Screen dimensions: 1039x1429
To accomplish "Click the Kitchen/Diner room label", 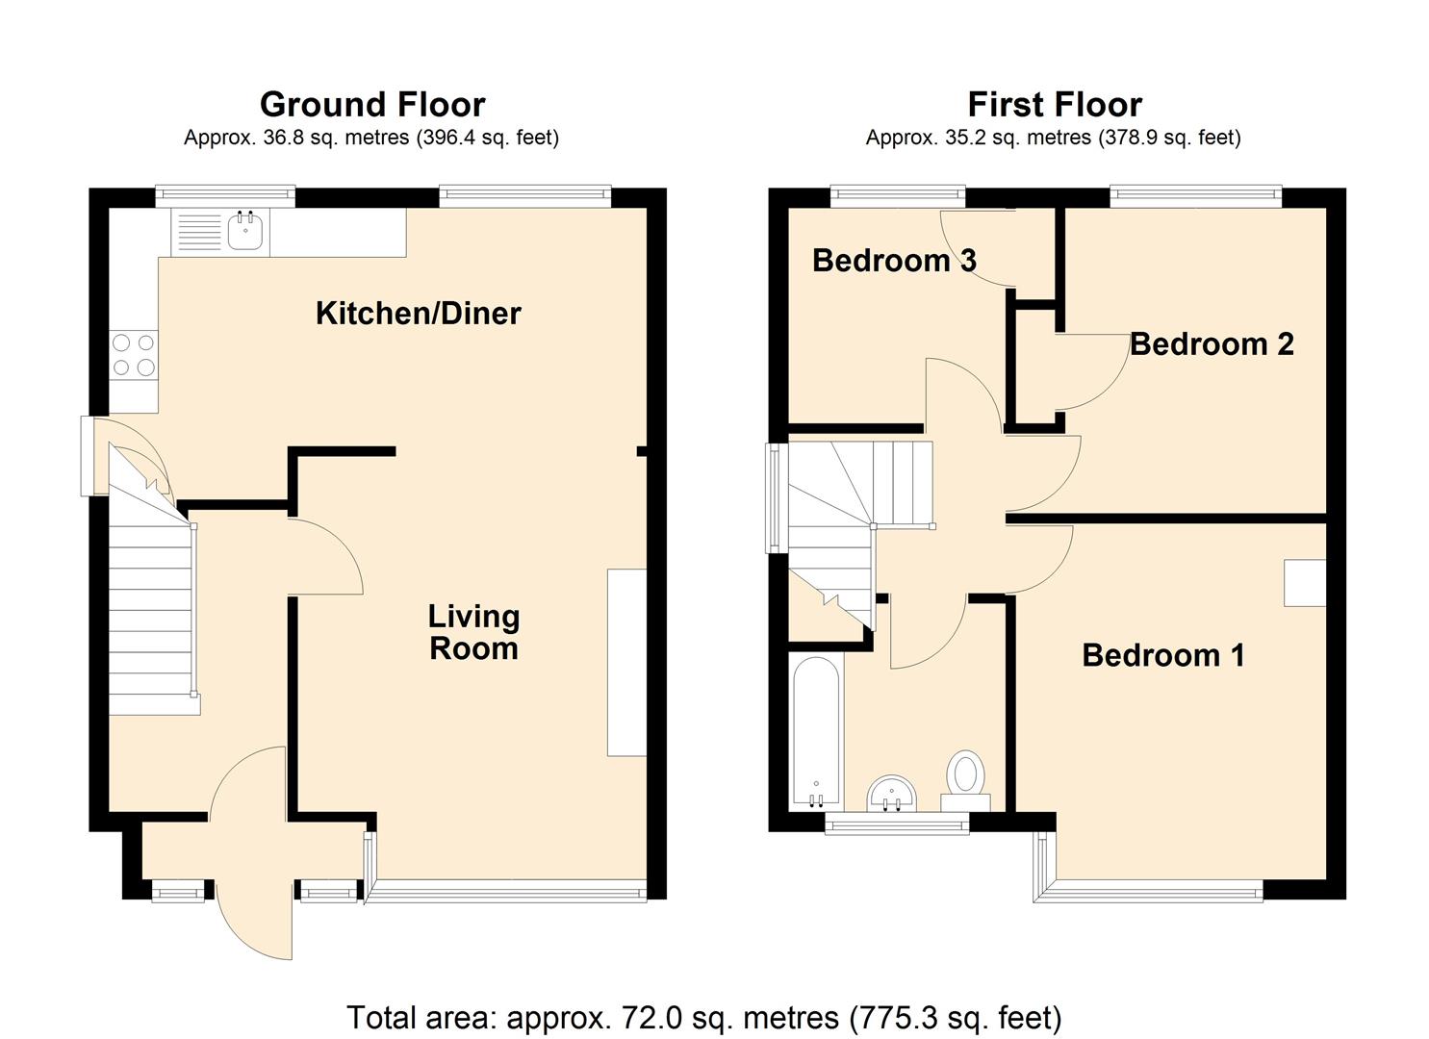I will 418,314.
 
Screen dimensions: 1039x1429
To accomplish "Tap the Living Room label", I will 473,632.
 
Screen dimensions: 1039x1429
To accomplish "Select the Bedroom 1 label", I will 1162,655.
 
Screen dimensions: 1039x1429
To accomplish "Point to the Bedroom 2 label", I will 1211,343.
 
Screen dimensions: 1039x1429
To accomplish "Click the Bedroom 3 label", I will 894,260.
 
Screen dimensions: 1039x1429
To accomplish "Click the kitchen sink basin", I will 246,232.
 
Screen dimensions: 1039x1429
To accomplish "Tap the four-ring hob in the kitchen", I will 134,354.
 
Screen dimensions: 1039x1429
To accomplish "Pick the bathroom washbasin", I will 892,795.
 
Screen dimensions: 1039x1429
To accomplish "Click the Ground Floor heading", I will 372,104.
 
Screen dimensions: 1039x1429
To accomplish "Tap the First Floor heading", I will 1055,104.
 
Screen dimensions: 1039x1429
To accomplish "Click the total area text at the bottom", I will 703,1017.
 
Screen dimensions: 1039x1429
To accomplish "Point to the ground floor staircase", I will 151,616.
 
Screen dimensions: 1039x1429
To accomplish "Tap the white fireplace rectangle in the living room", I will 626,663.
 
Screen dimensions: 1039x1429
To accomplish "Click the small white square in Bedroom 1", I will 1305,583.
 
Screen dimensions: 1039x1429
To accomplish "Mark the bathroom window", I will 897,824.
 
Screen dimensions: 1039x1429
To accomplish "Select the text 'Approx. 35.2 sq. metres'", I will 978,138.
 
